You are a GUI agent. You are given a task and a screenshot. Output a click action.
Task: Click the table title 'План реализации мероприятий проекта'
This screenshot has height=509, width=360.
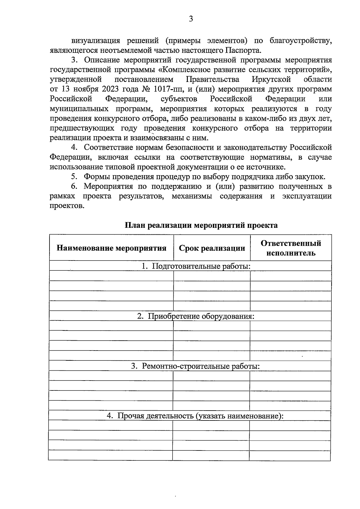(x=201, y=225)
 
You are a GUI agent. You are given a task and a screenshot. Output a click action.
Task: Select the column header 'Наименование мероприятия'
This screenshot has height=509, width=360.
(x=111, y=248)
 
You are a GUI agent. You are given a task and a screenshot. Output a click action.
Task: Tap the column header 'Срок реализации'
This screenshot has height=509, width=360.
(x=212, y=248)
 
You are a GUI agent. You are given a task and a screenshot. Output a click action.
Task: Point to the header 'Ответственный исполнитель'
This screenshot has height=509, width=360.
(x=291, y=248)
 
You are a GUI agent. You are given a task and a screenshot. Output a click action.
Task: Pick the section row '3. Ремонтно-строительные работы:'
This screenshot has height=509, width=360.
(x=195, y=366)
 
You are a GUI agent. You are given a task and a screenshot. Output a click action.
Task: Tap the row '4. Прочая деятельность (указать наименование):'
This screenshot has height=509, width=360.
(x=195, y=416)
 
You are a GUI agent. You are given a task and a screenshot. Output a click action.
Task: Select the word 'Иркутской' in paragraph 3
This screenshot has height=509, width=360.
(x=271, y=80)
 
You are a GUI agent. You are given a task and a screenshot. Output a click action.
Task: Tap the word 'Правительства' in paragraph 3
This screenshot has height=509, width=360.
(x=212, y=80)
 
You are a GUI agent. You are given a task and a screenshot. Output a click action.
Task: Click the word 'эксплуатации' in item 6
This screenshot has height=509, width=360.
(x=307, y=196)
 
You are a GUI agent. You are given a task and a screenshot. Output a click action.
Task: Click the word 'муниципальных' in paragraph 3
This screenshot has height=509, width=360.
(x=79, y=109)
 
